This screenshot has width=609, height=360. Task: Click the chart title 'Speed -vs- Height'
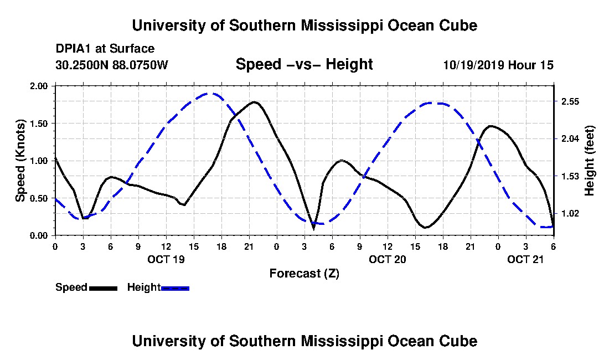click(x=304, y=64)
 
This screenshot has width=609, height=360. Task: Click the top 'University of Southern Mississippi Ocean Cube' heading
click(x=304, y=25)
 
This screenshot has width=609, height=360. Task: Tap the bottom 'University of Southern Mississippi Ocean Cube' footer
click(x=304, y=341)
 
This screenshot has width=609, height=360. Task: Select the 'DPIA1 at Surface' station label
click(x=105, y=49)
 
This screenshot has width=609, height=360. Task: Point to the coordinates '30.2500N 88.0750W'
click(x=111, y=65)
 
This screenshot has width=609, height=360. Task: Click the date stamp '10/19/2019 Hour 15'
click(x=498, y=65)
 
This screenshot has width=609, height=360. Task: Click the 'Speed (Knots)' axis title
click(x=20, y=160)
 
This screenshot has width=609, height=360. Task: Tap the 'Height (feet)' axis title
click(x=589, y=160)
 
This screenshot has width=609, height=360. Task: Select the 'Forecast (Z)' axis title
click(x=304, y=273)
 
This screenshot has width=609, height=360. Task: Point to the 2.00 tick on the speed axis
click(x=40, y=86)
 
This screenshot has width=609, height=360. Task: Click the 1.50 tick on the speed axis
click(x=40, y=124)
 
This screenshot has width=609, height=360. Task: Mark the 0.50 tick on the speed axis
click(x=40, y=198)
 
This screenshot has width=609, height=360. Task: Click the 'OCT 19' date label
click(x=166, y=259)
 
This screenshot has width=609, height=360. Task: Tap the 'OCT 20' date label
click(x=387, y=259)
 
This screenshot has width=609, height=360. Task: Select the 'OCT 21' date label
click(x=525, y=259)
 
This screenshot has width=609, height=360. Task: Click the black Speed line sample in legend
click(x=103, y=288)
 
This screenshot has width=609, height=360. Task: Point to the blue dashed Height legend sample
click(x=175, y=288)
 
